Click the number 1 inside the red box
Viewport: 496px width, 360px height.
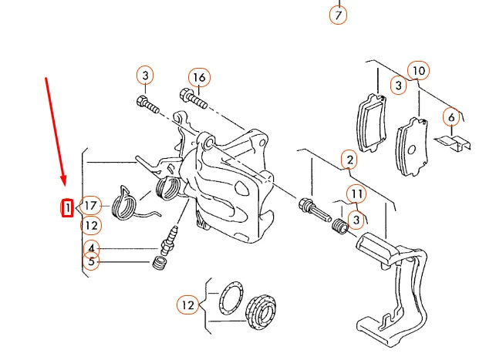[x=67, y=207]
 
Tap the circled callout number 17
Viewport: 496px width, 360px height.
[x=91, y=205]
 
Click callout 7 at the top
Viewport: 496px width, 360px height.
[x=338, y=14]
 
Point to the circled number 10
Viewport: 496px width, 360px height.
[x=417, y=71]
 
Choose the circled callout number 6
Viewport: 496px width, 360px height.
[x=451, y=117]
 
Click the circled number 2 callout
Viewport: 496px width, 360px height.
[x=349, y=160]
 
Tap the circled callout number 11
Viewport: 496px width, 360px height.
[x=356, y=193]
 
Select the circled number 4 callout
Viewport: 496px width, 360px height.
[x=92, y=248]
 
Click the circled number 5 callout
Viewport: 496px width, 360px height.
[x=92, y=262]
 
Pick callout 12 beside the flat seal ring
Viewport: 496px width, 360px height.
[x=187, y=305]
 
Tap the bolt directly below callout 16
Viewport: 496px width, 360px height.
[x=193, y=98]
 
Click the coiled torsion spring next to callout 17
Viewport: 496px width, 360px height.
[x=126, y=203]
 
